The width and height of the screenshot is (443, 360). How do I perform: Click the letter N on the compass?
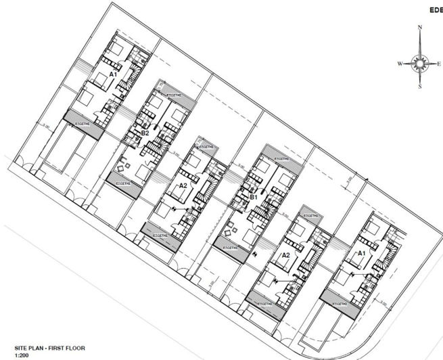pos(420,28)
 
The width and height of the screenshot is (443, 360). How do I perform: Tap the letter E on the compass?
pos(438,64)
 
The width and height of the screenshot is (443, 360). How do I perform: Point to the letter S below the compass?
pos(420,87)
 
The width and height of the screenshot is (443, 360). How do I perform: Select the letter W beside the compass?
pos(400,64)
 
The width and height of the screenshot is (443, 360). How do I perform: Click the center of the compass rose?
pos(420,64)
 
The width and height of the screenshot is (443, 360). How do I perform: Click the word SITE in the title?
pos(13,348)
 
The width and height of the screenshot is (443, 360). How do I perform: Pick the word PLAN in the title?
pos(31,348)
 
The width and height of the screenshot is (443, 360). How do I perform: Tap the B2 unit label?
pos(145,133)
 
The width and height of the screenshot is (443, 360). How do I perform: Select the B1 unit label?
pos(253,197)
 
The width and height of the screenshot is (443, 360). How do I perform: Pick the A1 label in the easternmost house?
pos(360,253)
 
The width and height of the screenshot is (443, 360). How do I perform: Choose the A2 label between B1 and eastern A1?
pos(285,255)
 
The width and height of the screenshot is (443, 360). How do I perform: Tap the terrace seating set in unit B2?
pos(124,165)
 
